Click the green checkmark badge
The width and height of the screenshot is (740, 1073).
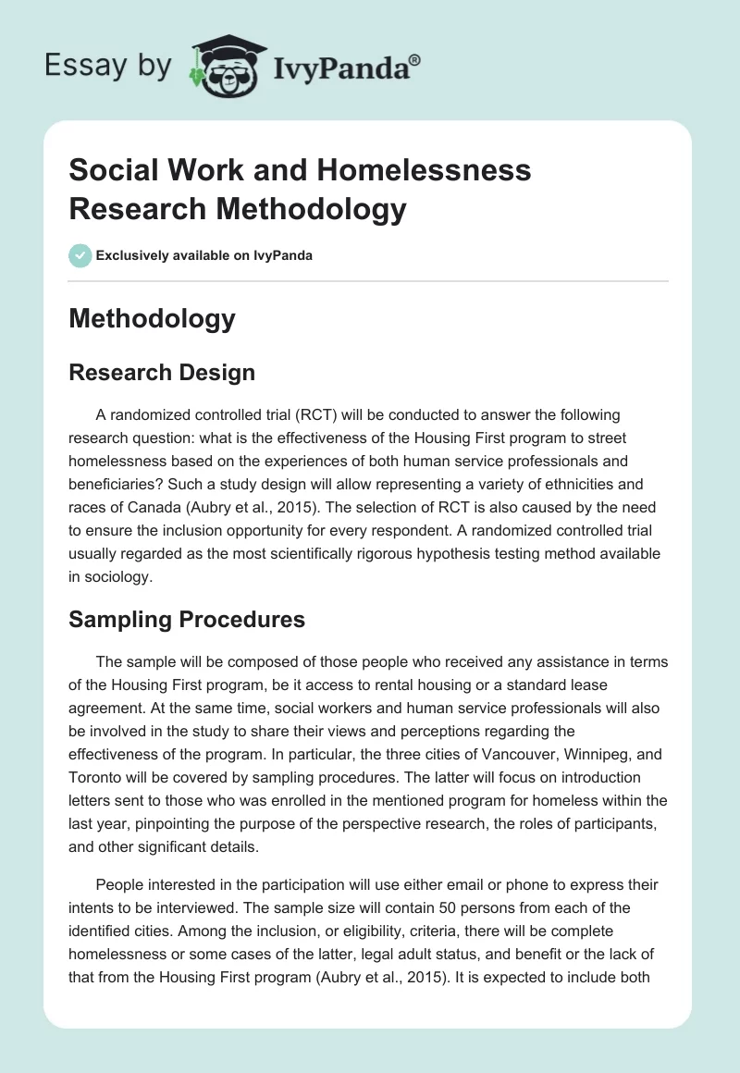click(x=80, y=255)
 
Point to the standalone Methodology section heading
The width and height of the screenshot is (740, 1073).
click(x=152, y=318)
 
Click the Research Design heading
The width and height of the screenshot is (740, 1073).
click(x=162, y=373)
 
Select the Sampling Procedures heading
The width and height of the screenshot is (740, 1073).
click(x=187, y=619)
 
